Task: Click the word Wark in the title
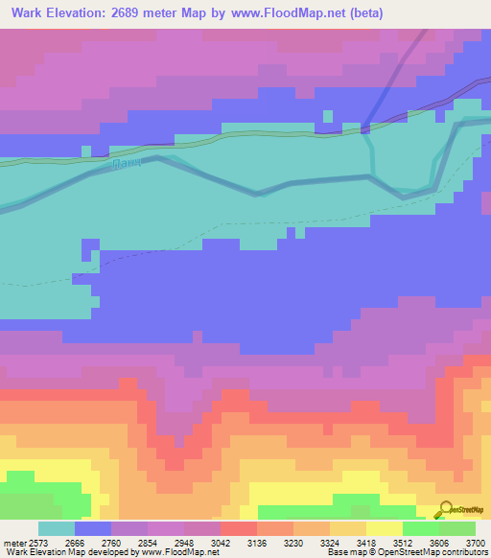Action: pyautogui.click(x=30, y=14)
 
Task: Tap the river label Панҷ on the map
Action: pyautogui.click(x=127, y=165)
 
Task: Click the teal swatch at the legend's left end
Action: pyautogui.click(x=57, y=528)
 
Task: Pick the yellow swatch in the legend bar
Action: pyautogui.click(x=384, y=528)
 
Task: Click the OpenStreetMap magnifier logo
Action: pyautogui.click(x=444, y=510)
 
